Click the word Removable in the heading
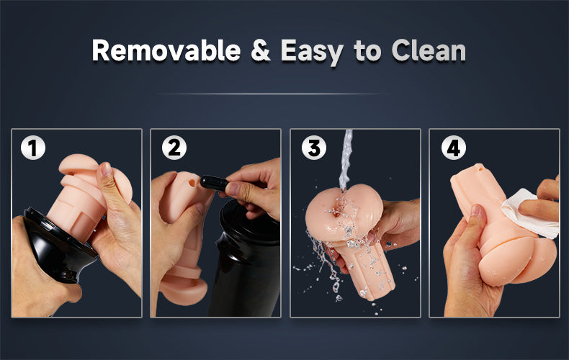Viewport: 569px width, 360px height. pos(166,50)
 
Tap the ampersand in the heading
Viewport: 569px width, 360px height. pos(261,50)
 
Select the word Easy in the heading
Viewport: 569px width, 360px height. pos(312,52)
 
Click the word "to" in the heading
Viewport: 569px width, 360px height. pos(367,51)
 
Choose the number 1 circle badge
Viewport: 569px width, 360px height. pos(33,148)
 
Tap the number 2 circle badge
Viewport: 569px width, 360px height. pos(174,148)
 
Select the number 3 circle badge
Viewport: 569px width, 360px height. pos(314,148)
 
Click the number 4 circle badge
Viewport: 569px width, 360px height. pos(454,148)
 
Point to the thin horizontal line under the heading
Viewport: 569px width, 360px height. pos(272,94)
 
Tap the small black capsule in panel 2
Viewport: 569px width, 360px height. pos(214,183)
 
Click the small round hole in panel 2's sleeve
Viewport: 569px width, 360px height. pos(192,183)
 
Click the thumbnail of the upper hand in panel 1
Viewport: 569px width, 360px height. pos(107,169)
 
